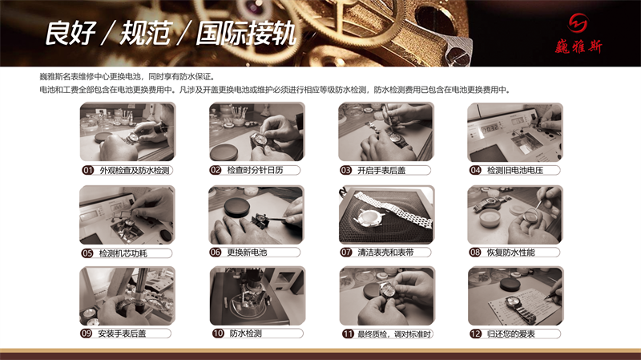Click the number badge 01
(x=88, y=171)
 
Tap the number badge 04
(x=476, y=171)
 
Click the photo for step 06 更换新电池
(x=256, y=215)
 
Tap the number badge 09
(x=87, y=334)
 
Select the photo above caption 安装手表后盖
(x=127, y=295)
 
